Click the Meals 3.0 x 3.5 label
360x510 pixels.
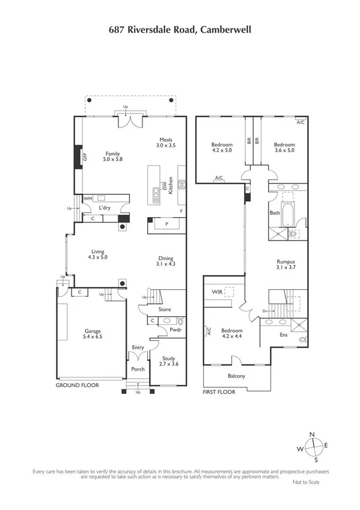[x=165, y=143]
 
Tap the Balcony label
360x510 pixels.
[x=236, y=376]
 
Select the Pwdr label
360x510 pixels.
[x=175, y=330]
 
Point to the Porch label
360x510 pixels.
[x=138, y=369]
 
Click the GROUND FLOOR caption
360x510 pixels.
[x=77, y=385]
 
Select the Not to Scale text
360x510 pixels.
[x=305, y=482]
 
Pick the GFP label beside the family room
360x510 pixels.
[x=85, y=158]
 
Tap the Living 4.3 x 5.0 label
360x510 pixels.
[x=99, y=254]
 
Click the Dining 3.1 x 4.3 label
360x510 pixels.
[x=166, y=260]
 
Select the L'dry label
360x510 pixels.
[x=105, y=208]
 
